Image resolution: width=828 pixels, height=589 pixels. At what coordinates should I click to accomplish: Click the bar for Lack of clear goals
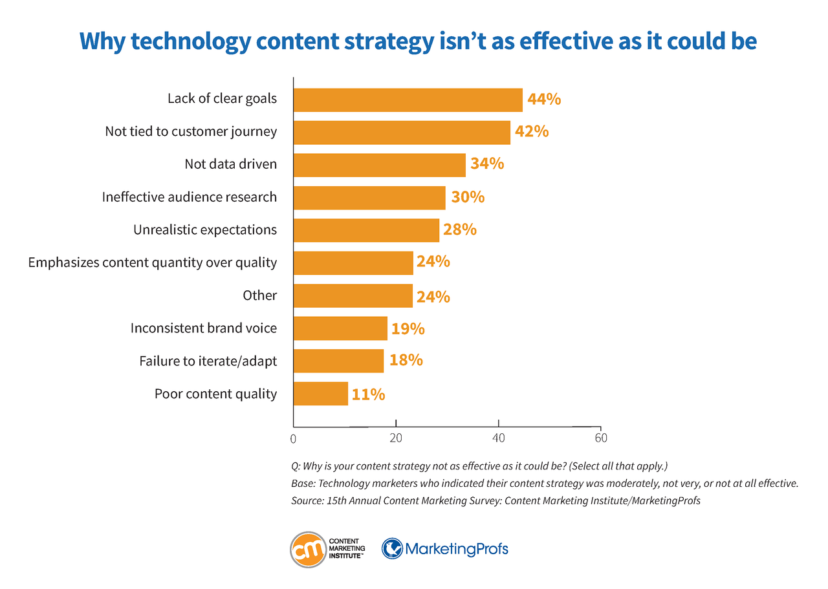click(408, 100)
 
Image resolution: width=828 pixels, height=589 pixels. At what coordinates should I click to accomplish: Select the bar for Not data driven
click(379, 165)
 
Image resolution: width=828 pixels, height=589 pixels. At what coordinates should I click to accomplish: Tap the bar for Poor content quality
click(320, 394)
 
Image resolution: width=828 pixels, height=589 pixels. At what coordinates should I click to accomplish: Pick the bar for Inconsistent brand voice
click(340, 328)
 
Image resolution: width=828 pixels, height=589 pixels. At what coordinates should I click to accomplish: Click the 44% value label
click(543, 100)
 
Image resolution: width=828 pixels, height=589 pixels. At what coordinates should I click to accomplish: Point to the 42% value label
click(532, 132)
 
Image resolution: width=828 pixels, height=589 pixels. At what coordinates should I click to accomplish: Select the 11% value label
click(368, 394)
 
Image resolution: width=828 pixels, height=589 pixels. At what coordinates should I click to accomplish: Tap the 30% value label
click(467, 197)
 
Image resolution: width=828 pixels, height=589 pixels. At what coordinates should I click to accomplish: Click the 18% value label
click(406, 361)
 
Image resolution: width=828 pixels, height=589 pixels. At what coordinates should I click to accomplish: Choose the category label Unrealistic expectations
click(205, 230)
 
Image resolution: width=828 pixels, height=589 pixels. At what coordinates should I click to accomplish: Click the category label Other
click(259, 295)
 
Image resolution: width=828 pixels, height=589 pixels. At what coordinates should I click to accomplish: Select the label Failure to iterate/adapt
click(208, 361)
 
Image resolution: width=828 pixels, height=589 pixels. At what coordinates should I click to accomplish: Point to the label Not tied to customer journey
click(191, 132)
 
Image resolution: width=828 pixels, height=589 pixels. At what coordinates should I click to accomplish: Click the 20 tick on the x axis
click(396, 438)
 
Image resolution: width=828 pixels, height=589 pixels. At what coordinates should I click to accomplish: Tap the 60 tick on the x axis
click(601, 438)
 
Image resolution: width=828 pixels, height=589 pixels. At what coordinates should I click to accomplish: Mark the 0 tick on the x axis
click(294, 438)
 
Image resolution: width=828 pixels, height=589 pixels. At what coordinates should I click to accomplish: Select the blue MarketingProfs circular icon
click(392, 550)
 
